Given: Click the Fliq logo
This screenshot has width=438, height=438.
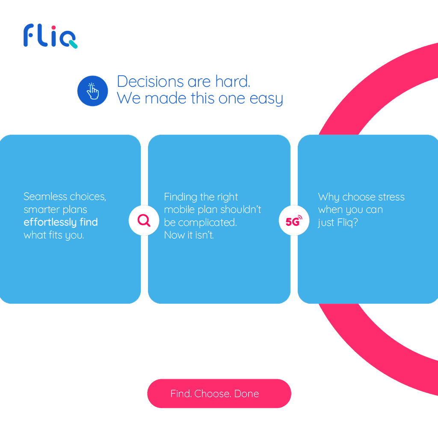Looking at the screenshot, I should pyautogui.click(x=50, y=36).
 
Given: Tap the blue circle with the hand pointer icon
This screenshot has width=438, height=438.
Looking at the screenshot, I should pyautogui.click(x=92, y=91).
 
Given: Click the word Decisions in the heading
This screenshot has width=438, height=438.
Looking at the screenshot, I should pyautogui.click(x=144, y=81).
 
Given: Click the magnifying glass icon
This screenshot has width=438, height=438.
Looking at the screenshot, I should pyautogui.click(x=144, y=220).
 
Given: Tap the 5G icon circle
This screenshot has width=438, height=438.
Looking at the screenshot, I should pyautogui.click(x=294, y=220).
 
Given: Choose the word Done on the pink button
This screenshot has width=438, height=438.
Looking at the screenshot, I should pyautogui.click(x=247, y=394).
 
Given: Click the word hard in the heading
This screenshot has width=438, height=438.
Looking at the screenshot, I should pyautogui.click(x=233, y=81).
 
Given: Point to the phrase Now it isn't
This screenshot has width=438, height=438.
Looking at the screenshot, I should pyautogui.click(x=189, y=235).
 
